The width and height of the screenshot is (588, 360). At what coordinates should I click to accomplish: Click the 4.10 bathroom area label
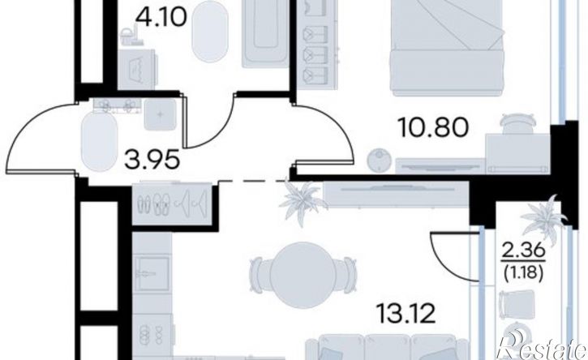pyautogui.click(x=162, y=18)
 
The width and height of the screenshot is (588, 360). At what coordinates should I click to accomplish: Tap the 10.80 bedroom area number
pyautogui.click(x=435, y=127)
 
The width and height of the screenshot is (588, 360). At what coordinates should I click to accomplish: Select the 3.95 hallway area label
pyautogui.click(x=152, y=161)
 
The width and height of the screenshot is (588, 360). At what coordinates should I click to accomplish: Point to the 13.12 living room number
pyautogui.click(x=407, y=314)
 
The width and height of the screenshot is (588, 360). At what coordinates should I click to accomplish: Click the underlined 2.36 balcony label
pyautogui.click(x=524, y=251)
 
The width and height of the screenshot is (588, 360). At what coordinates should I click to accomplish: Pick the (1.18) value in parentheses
pyautogui.click(x=524, y=275)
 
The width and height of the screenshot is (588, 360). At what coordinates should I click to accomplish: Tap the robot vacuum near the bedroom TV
pyautogui.click(x=380, y=160)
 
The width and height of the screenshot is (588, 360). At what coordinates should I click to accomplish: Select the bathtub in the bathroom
pyautogui.click(x=265, y=33)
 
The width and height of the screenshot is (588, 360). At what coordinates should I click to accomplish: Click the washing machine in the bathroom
pyautogui.click(x=137, y=69)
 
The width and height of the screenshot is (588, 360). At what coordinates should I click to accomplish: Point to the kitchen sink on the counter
pyautogui.click(x=152, y=274)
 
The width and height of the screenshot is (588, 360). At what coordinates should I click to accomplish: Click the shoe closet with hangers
pyautogui.click(x=172, y=204)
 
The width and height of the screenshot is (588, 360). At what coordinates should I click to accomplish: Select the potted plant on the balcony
pyautogui.click(x=545, y=220)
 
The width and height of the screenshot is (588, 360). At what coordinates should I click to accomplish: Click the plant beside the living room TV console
pyautogui.click(x=303, y=203)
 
